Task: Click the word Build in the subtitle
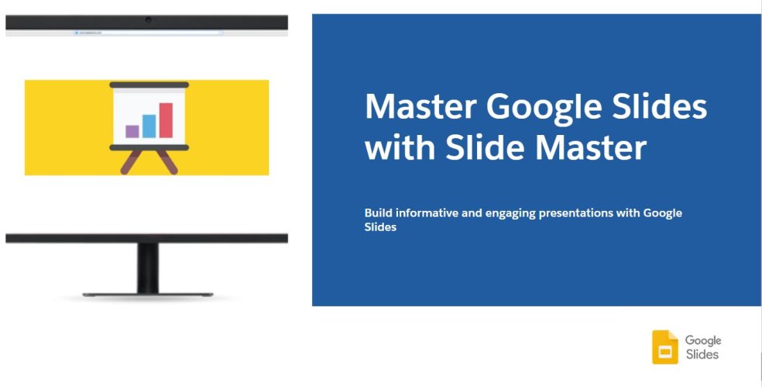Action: tap(379, 213)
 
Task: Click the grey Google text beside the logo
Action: tap(702, 340)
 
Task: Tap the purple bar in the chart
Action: tap(132, 131)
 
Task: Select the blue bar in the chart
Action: tap(149, 126)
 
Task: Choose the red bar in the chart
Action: tap(166, 120)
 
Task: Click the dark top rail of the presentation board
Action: tap(149, 84)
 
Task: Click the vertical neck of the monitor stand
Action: tap(147, 268)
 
